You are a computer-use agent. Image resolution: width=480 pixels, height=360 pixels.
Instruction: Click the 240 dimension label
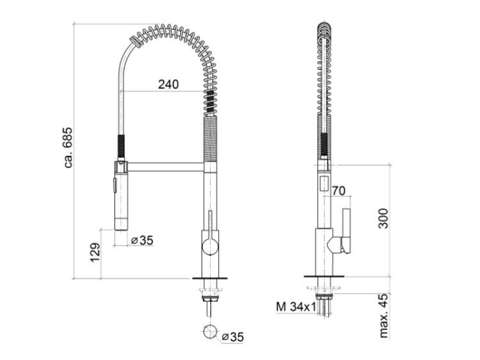tap(168, 84)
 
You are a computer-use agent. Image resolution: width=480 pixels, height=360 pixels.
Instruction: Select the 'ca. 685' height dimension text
tap(68, 147)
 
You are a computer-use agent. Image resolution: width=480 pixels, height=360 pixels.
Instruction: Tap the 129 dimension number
tap(95, 253)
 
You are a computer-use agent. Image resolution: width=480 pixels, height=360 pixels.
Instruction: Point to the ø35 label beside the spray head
tap(142, 240)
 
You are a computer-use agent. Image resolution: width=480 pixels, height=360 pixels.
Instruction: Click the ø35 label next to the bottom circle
tap(233, 337)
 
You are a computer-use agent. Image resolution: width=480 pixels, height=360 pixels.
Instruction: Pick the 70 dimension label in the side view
tap(339, 191)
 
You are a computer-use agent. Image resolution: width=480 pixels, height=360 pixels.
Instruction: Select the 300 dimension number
tap(383, 219)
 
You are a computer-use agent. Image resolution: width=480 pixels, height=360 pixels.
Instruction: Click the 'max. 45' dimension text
tap(383, 315)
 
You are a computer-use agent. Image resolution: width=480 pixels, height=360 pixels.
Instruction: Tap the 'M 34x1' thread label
tap(296, 306)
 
